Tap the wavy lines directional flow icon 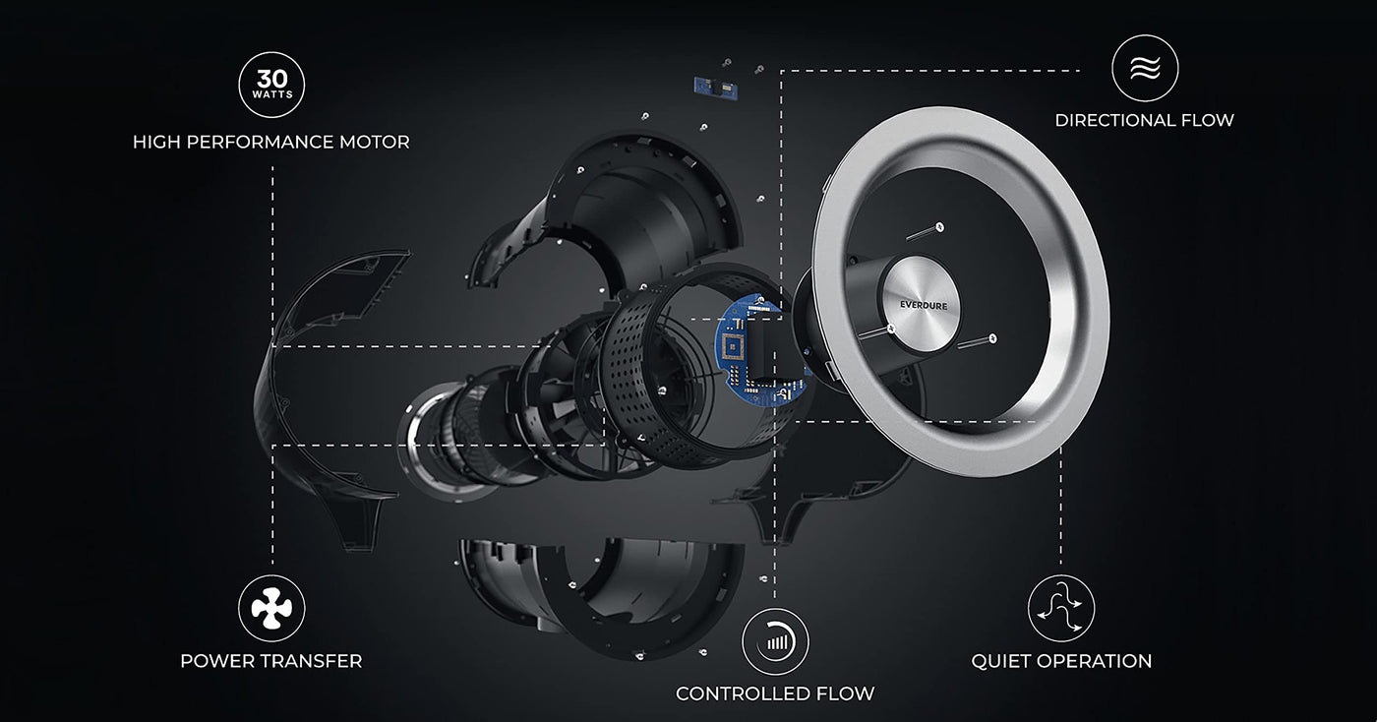pyautogui.click(x=1145, y=68)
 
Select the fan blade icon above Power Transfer pyautogui.click(x=271, y=609)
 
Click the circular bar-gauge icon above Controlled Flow pyautogui.click(x=775, y=641)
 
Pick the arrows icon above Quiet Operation pyautogui.click(x=1061, y=609)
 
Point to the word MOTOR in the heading pyautogui.click(x=372, y=143)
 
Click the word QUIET pyautogui.click(x=1002, y=661)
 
